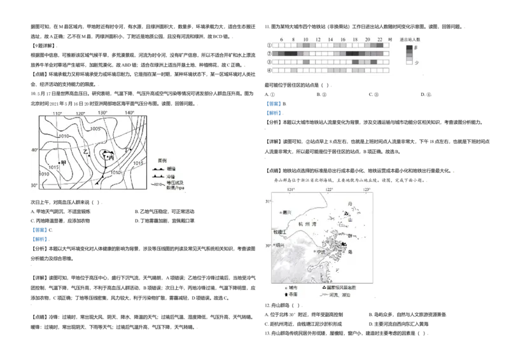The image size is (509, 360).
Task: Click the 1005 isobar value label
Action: [x=95, y=128]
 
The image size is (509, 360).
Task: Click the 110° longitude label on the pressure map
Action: [x=57, y=113]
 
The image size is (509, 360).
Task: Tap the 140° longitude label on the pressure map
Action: [x=129, y=113]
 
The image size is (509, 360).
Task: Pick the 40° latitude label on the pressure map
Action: [x=34, y=150]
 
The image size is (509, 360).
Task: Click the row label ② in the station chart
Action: [x=268, y=53]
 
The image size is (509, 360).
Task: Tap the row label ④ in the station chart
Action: [x=268, y=70]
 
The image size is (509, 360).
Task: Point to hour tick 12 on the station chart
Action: [x=317, y=39]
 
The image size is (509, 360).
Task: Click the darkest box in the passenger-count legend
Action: [x=409, y=48]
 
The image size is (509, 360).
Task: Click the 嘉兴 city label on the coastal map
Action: [x=286, y=212]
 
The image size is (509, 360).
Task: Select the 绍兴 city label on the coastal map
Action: [x=280, y=244]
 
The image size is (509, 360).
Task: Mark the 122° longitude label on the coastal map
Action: [x=329, y=190]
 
